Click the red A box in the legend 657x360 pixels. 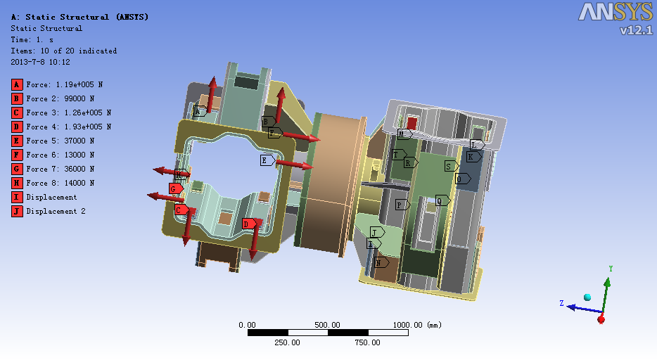tap(17, 84)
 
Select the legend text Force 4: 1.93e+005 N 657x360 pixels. tap(69, 127)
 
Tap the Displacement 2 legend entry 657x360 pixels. tap(56, 212)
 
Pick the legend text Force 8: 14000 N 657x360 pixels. tap(60, 183)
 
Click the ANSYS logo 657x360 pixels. tap(615, 12)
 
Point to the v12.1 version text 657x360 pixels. tap(636, 30)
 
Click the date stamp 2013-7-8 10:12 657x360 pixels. tap(40, 62)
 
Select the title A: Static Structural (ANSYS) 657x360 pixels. tap(79, 17)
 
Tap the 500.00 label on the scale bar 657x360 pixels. tap(327, 325)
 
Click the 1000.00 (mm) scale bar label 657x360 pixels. tap(417, 325)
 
